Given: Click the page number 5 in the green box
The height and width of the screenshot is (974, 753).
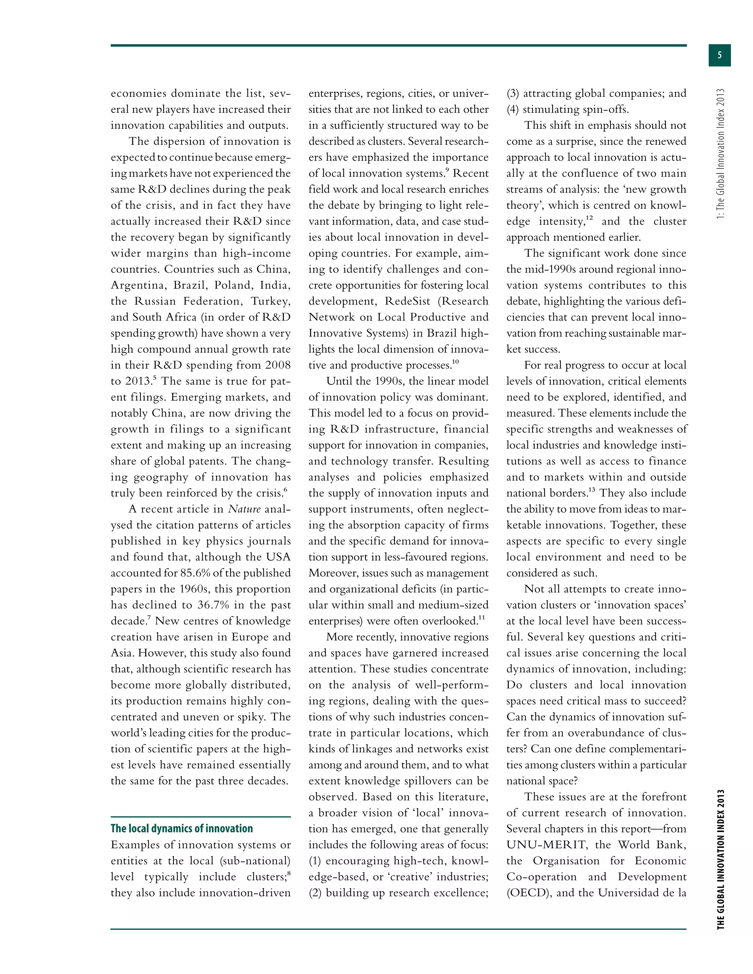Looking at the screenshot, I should [x=719, y=55].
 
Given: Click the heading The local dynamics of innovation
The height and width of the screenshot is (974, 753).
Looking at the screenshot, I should [x=182, y=828].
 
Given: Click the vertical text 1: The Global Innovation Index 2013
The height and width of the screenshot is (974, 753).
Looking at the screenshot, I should [x=720, y=154].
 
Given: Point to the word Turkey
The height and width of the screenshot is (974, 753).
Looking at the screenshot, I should [x=270, y=301].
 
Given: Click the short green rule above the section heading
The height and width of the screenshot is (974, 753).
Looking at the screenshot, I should [x=200, y=817].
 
